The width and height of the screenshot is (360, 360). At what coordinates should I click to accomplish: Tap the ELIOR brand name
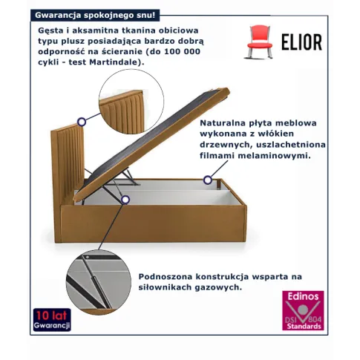coord(302,42)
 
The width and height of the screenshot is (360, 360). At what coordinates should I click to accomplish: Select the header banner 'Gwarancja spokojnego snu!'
coord(95,16)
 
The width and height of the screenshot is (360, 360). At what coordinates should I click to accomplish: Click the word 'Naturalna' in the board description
coord(224,122)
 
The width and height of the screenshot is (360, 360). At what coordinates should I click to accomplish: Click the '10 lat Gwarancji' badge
coord(52,320)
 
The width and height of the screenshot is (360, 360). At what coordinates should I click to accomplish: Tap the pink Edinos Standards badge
coord(303,310)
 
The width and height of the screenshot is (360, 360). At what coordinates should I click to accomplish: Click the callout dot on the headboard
coord(82,122)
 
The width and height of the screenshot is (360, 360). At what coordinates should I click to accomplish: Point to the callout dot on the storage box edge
coord(208,180)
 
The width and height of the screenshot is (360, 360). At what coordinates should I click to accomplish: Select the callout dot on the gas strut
coord(125,200)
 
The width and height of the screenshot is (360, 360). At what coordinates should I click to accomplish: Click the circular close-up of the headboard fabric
coord(131,102)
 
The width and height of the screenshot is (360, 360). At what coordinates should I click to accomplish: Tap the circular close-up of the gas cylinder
coord(99,282)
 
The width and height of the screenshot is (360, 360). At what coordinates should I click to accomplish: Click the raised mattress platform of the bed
coord(151,144)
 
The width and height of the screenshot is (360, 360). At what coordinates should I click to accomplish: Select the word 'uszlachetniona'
coord(291,145)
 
